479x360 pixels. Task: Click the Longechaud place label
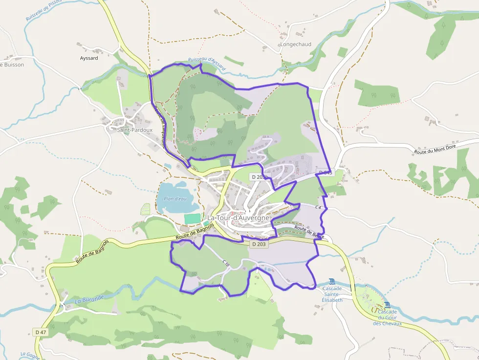(296, 44)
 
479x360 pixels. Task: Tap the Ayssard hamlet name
(89, 58)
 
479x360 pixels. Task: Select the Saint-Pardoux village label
(135, 130)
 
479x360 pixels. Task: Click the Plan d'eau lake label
(175, 198)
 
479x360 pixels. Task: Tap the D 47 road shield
(41, 332)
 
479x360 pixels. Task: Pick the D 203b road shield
(259, 176)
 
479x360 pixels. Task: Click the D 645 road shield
(325, 173)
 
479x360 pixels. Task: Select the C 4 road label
(318, 208)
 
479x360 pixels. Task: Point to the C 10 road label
(226, 263)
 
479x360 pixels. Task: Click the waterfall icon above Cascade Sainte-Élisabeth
(332, 281)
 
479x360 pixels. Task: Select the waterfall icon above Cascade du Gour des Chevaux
(388, 305)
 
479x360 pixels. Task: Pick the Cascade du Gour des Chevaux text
(388, 318)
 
